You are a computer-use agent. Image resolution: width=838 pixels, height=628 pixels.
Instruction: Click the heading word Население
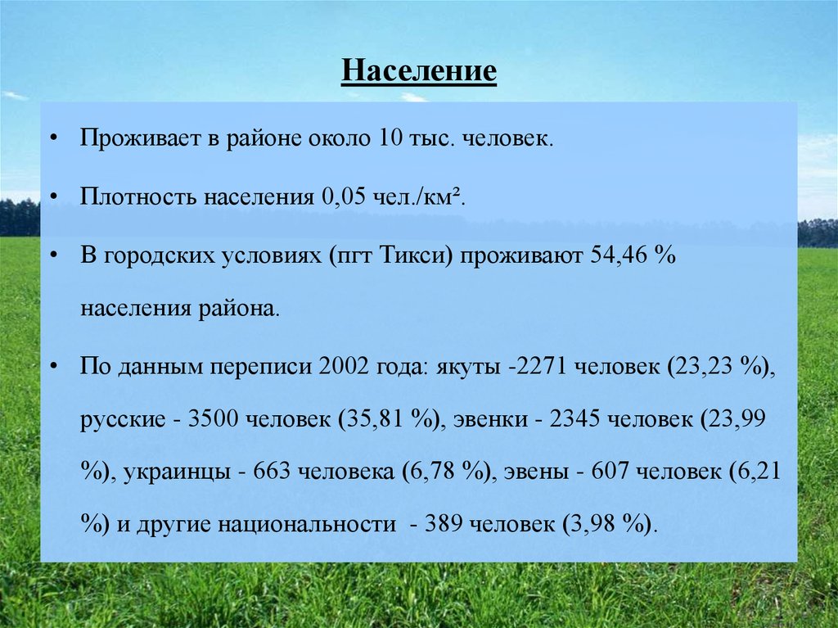click(419, 70)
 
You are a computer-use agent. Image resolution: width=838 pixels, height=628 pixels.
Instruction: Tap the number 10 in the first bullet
click(387, 138)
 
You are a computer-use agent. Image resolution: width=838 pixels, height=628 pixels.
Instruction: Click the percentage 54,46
click(616, 256)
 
